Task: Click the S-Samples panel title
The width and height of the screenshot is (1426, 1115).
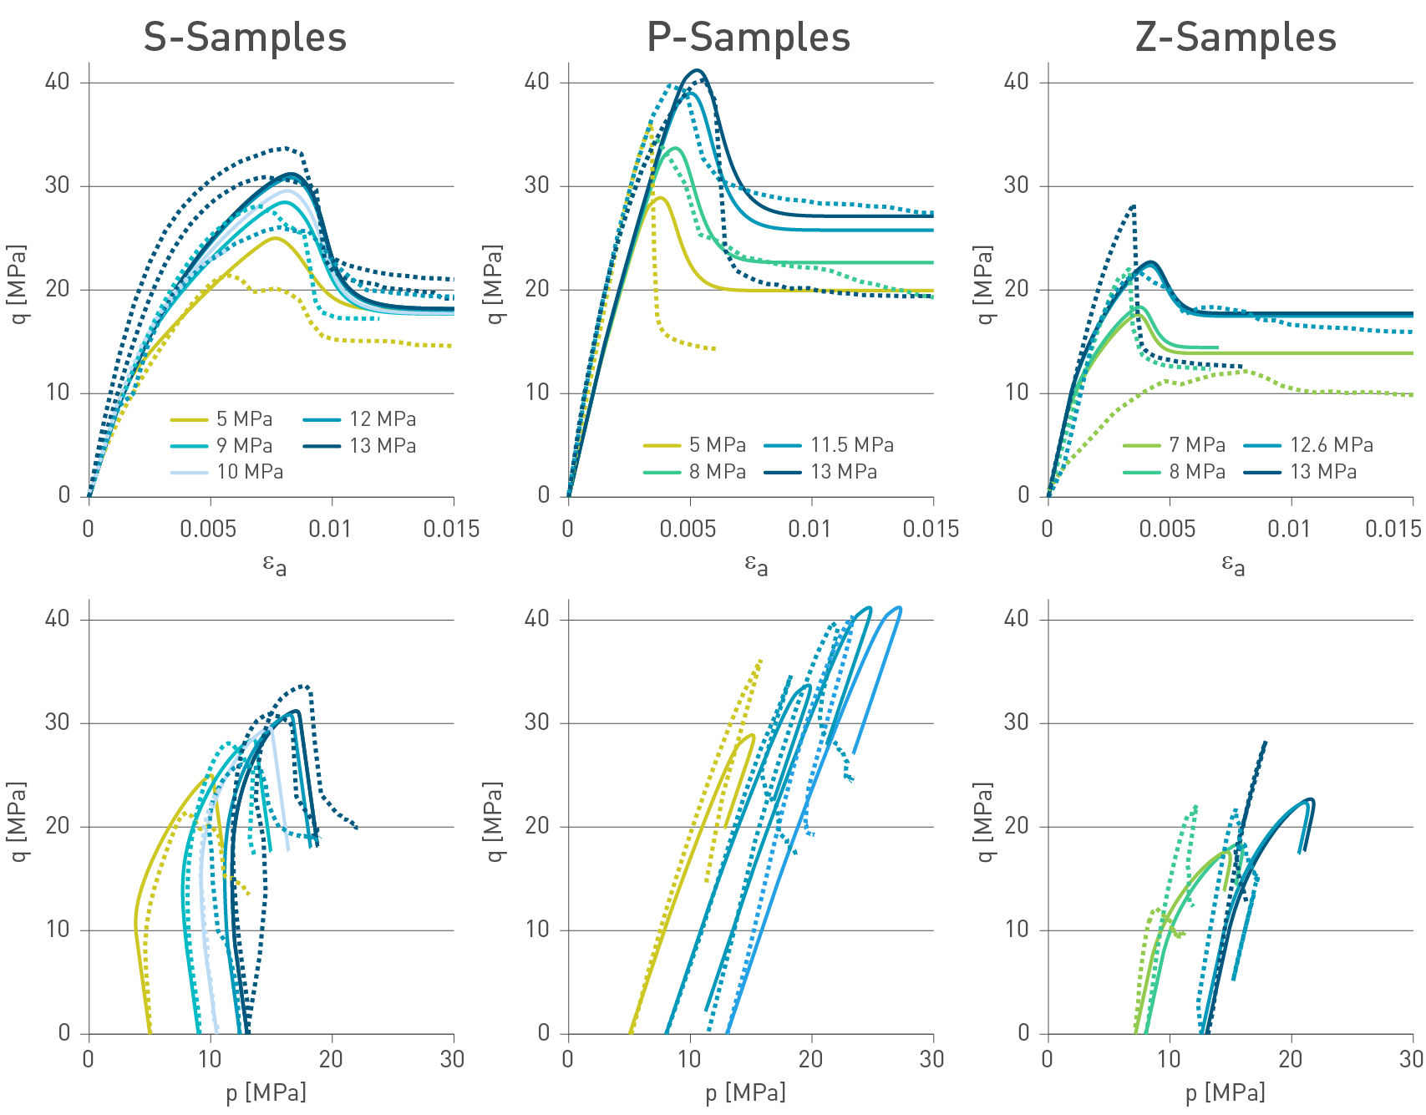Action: tap(245, 38)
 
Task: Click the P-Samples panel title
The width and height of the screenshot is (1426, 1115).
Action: tap(749, 38)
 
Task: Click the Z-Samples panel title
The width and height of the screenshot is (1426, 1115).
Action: tap(1236, 38)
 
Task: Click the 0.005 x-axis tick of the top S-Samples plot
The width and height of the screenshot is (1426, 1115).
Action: tap(209, 529)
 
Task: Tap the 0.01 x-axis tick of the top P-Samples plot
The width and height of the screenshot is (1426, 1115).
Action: tap(809, 529)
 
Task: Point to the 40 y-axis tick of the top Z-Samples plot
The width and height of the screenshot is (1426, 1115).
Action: tap(1016, 82)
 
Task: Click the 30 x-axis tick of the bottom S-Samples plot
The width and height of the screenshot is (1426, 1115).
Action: tap(452, 1059)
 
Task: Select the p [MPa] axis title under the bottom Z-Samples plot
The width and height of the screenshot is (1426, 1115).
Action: tap(1225, 1092)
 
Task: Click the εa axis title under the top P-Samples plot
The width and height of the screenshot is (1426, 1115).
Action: tap(756, 565)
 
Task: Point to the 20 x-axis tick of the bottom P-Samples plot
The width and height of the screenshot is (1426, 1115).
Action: tap(810, 1059)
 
